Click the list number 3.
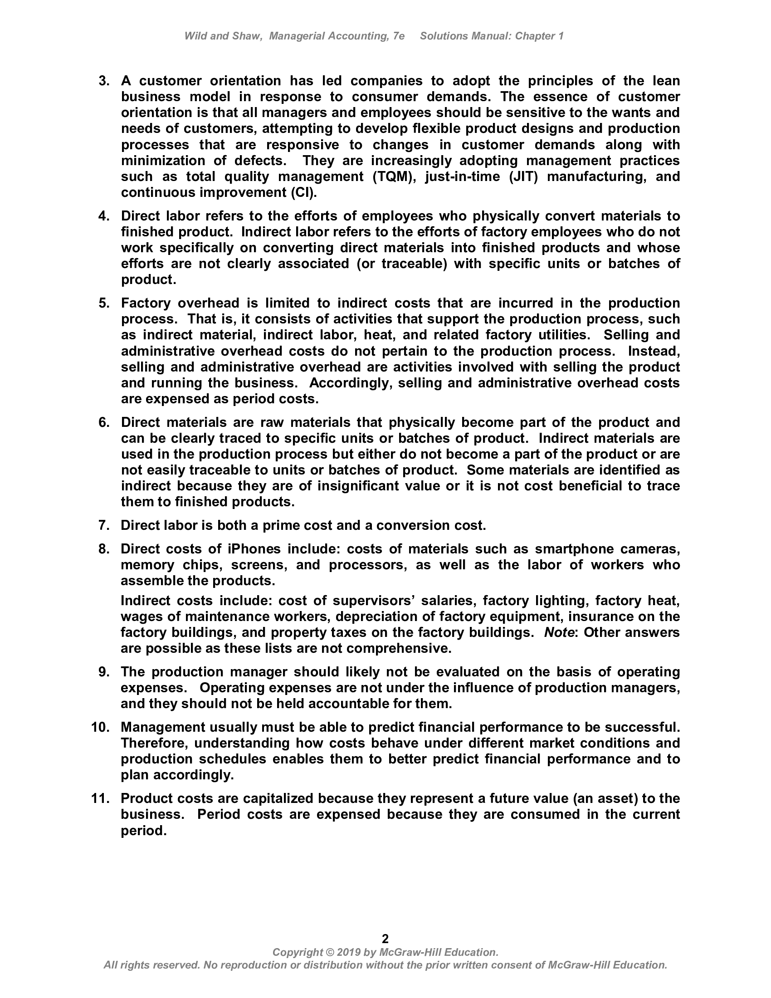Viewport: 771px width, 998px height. pyautogui.click(x=104, y=81)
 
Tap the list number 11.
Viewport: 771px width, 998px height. pyautogui.click(x=100, y=798)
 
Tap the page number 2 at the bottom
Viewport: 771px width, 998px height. pyautogui.click(x=385, y=939)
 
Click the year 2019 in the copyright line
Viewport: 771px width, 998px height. pyautogui.click(x=348, y=952)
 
